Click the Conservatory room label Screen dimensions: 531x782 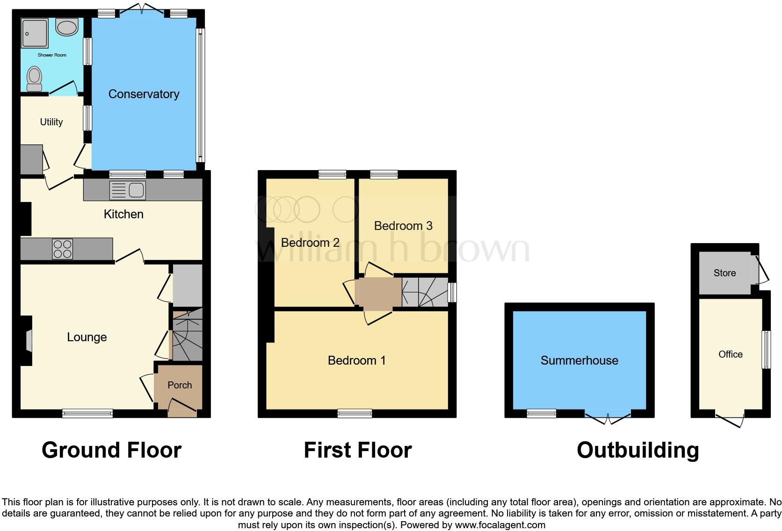point(144,94)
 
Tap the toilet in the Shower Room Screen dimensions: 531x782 point(34,79)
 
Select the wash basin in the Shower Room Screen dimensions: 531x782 point(67,27)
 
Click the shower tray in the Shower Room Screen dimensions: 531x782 point(35,33)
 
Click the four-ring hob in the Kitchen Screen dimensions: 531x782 point(62,249)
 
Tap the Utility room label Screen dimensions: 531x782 point(51,122)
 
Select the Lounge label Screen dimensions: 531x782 point(87,337)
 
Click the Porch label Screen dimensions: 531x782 point(180,385)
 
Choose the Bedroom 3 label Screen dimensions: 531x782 point(403,226)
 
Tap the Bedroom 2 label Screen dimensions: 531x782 point(310,243)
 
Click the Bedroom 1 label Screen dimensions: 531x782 point(356,360)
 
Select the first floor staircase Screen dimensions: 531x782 point(425,292)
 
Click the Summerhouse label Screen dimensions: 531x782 point(579,360)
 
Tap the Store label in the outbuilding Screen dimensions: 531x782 point(724,273)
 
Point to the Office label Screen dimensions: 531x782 point(730,354)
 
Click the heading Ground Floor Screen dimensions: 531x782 point(111,450)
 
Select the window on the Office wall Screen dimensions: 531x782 point(766,350)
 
